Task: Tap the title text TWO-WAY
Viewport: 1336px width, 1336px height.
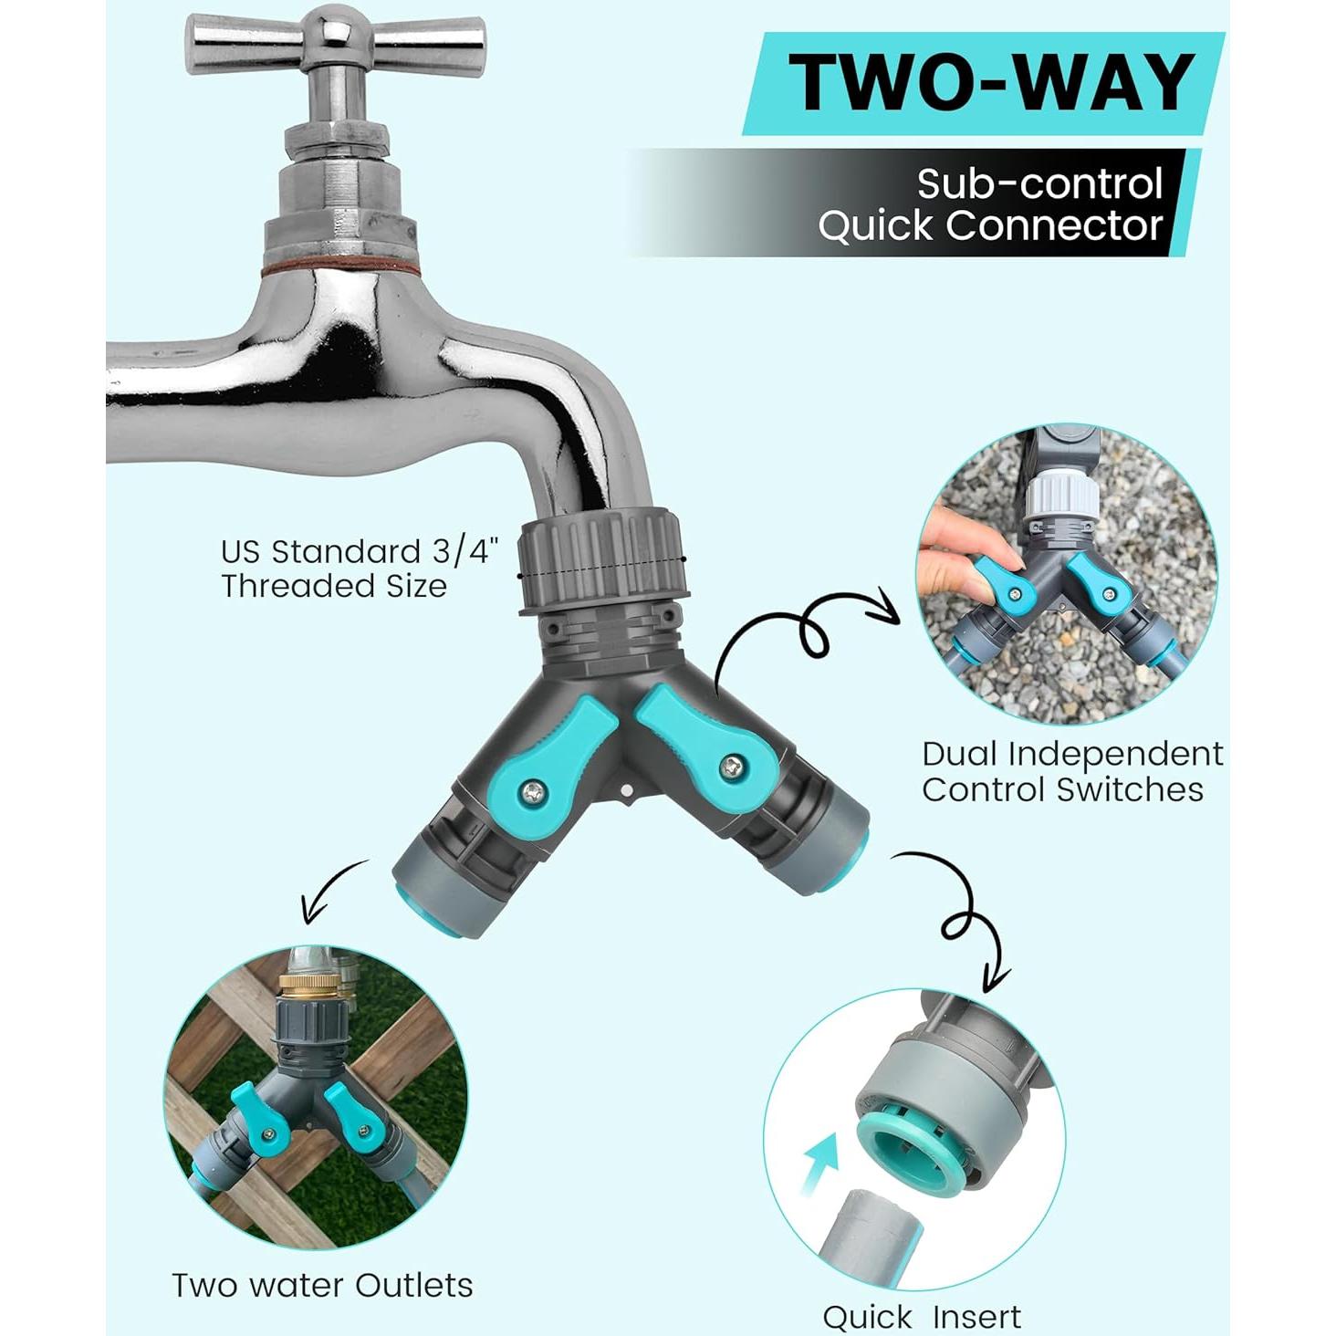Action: (x=991, y=82)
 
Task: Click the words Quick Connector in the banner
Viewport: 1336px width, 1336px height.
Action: (x=990, y=226)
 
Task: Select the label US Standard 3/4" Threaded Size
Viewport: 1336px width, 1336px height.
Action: (x=360, y=569)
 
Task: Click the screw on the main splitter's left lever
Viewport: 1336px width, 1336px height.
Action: (x=532, y=795)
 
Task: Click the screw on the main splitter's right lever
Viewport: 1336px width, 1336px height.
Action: (x=732, y=767)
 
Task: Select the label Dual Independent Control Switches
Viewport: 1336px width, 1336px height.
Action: (x=1072, y=772)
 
